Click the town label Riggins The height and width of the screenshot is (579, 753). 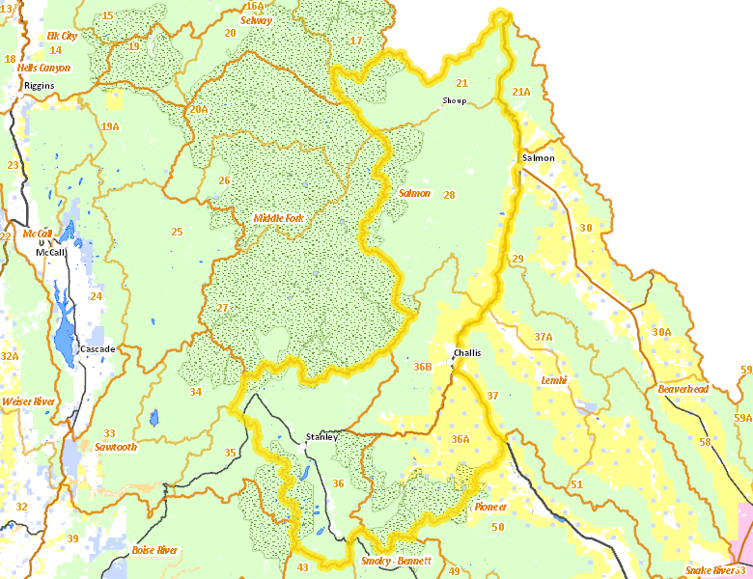point(40,85)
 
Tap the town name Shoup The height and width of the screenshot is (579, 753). point(454,100)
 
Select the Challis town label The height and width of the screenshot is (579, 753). point(466,352)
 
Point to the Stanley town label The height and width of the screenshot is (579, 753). point(321,437)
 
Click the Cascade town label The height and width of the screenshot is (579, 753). point(98,348)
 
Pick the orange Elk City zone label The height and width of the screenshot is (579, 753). point(62,36)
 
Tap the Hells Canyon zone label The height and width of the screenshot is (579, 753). point(43,68)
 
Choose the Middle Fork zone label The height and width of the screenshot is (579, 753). point(279,218)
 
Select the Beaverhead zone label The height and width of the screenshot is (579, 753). point(683,389)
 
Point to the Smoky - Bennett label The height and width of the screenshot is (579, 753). point(396,561)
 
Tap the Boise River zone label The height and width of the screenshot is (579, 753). point(154,550)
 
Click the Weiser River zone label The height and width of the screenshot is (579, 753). point(29,400)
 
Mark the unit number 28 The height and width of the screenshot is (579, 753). point(449,195)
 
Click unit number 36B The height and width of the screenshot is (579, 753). point(423,367)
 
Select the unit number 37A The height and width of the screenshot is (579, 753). point(543,337)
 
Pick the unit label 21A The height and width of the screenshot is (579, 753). point(521,92)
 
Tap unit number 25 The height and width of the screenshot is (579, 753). point(177,232)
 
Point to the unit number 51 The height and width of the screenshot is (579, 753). point(576,484)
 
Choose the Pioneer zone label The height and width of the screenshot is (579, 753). point(491,507)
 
